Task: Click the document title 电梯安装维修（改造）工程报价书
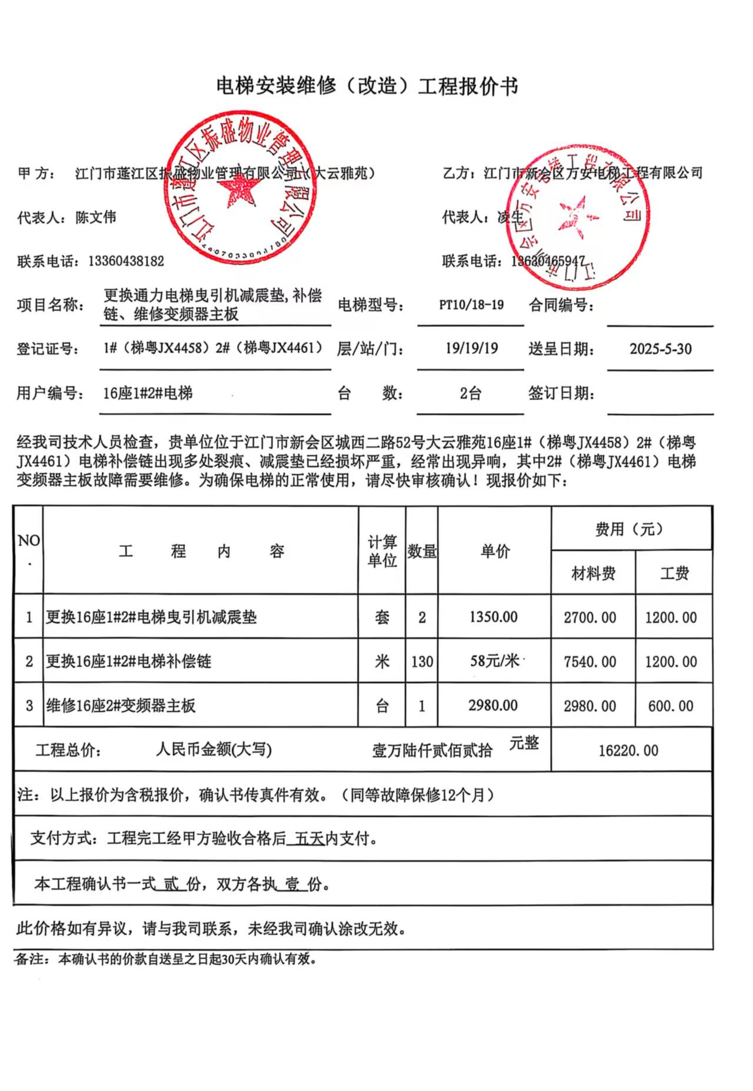coord(367,87)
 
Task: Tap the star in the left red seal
coord(239,190)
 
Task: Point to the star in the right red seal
coord(576,215)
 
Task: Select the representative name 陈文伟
coord(96,217)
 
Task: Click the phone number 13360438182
coord(126,261)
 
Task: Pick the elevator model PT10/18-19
coord(471,305)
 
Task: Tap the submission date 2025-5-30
coord(660,349)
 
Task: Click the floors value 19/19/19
coord(471,349)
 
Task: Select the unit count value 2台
coord(471,393)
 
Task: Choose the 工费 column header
coord(674,573)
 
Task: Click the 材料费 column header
coord(593,573)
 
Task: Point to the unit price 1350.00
coord(494,617)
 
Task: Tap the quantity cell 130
coord(422,662)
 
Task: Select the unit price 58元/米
coord(494,661)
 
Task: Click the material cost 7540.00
coord(590,662)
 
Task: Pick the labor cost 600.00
coord(671,706)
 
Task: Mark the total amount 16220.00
coord(628,751)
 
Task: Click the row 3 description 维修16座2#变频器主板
coord(121,706)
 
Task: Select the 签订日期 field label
coord(561,393)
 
